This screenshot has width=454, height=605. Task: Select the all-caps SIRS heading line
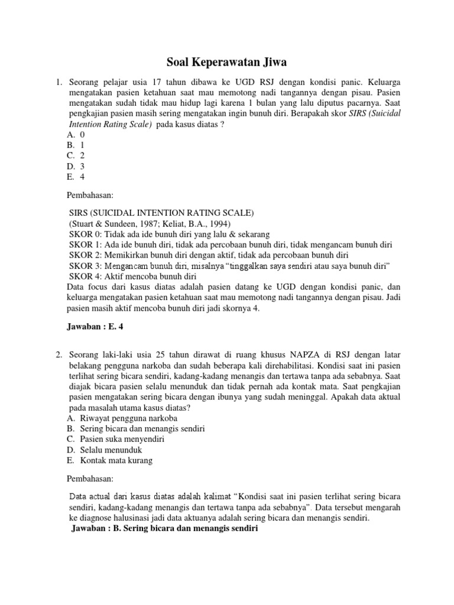162,213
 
